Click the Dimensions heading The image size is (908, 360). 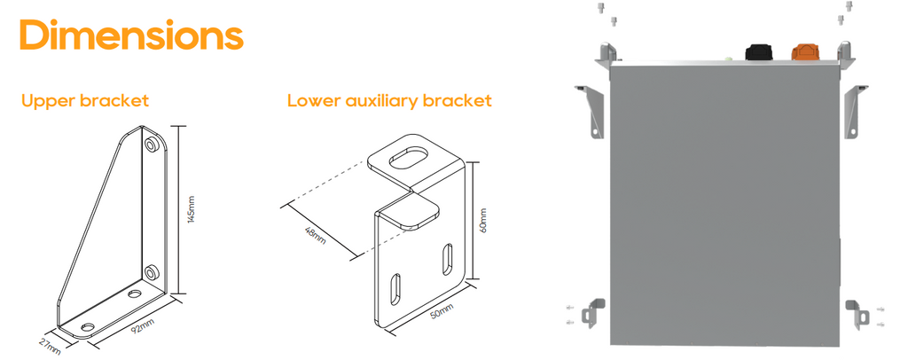point(131,35)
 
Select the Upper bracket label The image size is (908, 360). point(85,101)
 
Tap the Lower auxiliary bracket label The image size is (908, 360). point(390,101)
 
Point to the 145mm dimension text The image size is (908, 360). point(192,209)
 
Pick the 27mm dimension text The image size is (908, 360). point(50,345)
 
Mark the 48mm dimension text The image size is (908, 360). point(316,235)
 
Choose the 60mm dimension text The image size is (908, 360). point(483,221)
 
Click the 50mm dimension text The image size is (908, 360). point(442,313)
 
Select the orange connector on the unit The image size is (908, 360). point(805,51)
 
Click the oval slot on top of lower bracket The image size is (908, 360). point(409,158)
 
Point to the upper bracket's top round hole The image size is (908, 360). point(152,145)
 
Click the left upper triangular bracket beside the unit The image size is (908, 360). point(591,112)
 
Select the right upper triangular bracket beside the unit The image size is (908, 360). point(854,112)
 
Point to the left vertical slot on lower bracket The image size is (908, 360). point(395,288)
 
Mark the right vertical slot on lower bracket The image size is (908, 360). point(448,259)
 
